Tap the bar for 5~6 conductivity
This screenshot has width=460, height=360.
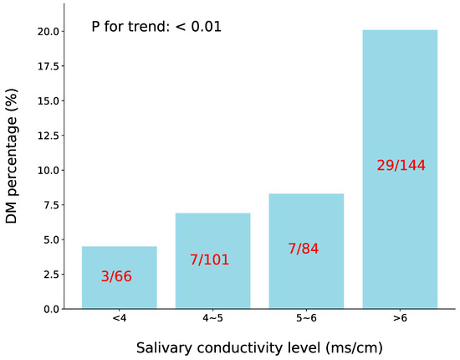click(x=306, y=285)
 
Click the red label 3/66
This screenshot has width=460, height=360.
click(x=117, y=276)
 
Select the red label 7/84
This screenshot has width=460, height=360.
click(x=303, y=249)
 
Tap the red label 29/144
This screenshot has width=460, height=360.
click(x=401, y=166)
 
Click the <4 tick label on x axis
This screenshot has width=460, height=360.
click(x=119, y=319)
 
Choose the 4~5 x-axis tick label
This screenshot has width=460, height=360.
click(x=212, y=319)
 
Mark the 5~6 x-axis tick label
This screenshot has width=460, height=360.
click(x=306, y=319)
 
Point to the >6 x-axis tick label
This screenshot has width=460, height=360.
click(x=400, y=319)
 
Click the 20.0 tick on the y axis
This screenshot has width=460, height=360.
click(x=47, y=32)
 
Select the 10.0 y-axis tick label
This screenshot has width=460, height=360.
click(x=47, y=170)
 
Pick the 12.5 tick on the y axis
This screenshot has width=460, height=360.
click(x=47, y=136)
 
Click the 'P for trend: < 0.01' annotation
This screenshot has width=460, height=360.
click(x=156, y=27)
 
